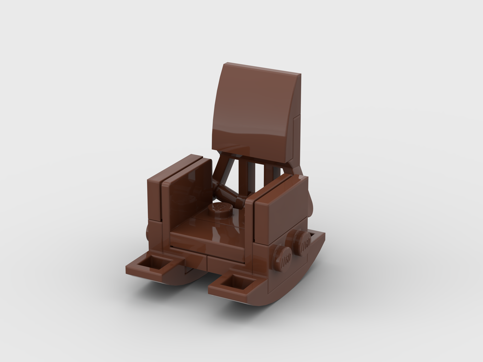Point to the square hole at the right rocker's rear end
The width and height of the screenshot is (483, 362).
tap(316, 235)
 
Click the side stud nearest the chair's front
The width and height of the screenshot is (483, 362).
tap(283, 257)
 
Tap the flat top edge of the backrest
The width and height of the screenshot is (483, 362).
tap(263, 69)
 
